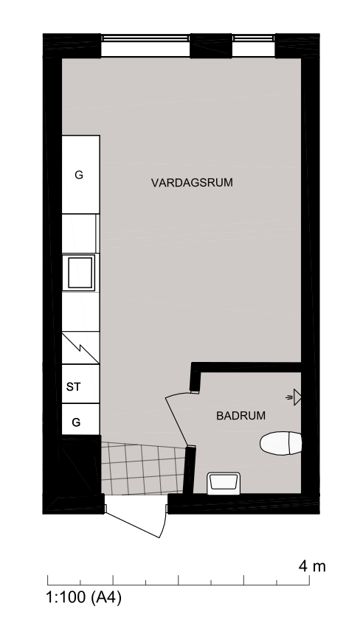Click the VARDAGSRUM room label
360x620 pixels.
[x=192, y=183]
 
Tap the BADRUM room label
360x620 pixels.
[x=241, y=416]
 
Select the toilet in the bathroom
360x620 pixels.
[x=280, y=443]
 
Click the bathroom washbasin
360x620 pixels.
[x=224, y=483]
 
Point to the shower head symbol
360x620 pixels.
[x=294, y=397]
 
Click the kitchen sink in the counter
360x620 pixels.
[x=80, y=273]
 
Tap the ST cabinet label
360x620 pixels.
[x=73, y=387]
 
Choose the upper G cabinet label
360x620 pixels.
[x=79, y=175]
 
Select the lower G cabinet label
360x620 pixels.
[x=76, y=422]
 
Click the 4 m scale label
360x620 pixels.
[x=312, y=566]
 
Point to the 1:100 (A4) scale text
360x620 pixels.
[x=84, y=596]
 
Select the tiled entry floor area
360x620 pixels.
[x=143, y=468]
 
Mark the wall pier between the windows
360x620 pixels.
[x=211, y=46]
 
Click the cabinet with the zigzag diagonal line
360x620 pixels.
[x=80, y=347]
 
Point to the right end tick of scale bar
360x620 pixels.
[x=309, y=579]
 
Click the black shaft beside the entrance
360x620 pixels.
[x=78, y=466]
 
